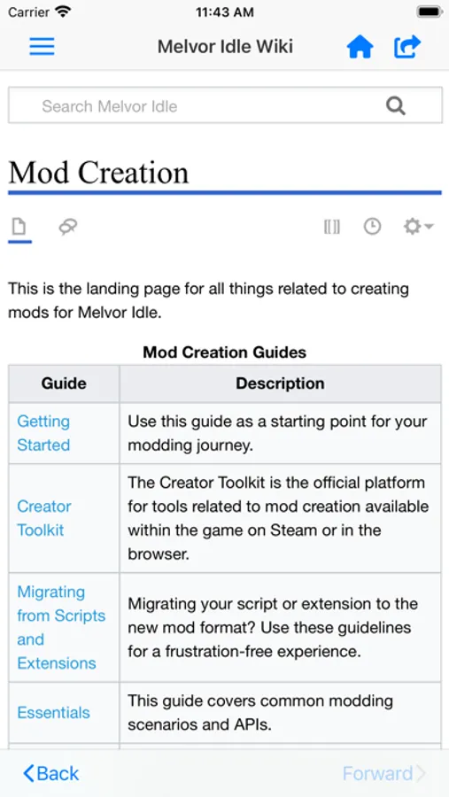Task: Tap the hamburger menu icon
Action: point(42,46)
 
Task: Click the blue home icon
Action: point(360,46)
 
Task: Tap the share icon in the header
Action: point(407,46)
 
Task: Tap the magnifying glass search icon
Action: point(396,106)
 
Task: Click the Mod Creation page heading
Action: point(98,172)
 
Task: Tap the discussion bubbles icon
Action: point(68,228)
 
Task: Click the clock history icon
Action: point(372,227)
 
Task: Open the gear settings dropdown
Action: point(417,227)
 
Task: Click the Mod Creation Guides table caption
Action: point(224,352)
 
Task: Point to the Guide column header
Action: point(64,383)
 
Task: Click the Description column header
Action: point(280,383)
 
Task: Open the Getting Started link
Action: point(43,433)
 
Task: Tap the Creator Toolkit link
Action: point(43,518)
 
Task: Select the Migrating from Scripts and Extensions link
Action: point(60,627)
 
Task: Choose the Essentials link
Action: point(53,712)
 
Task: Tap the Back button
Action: point(51,773)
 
